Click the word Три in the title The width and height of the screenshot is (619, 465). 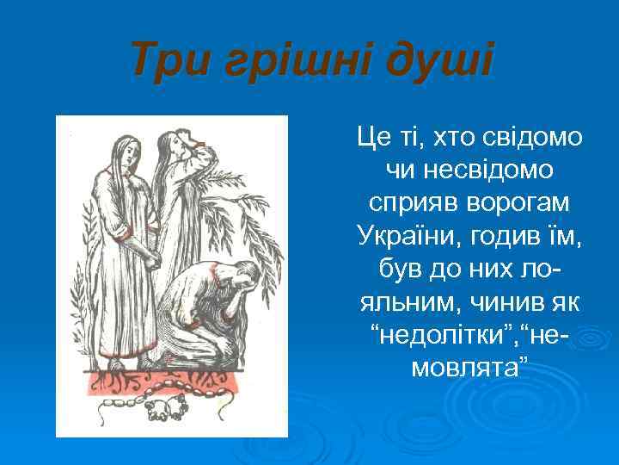pos(167,61)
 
